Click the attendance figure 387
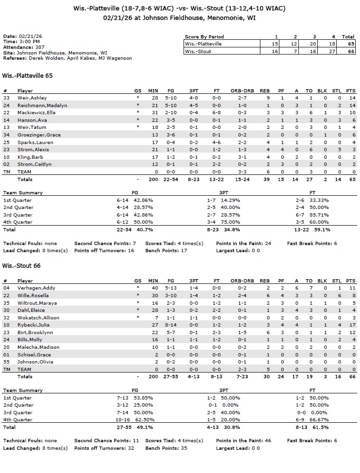pos(40,47)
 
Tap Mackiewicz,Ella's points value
pos(351,112)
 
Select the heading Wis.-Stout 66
pos(21,266)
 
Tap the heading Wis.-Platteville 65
pos(28,75)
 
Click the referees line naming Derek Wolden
pos(67,58)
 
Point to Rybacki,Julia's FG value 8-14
pos(171,325)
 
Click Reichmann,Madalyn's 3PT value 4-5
pos(194,105)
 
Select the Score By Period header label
pos(204,36)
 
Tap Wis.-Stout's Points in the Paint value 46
pos(268,441)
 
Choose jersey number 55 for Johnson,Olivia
pos(6,362)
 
